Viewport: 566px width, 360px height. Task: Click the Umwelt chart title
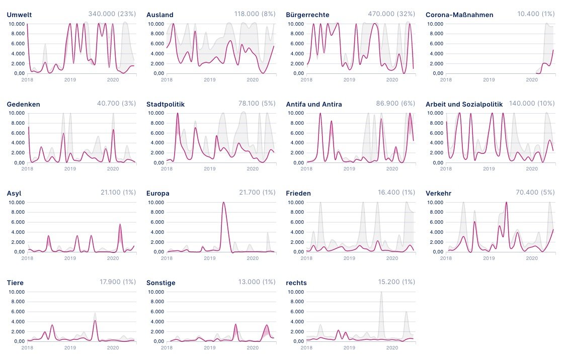tap(19, 15)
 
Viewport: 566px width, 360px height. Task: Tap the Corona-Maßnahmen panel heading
tap(459, 15)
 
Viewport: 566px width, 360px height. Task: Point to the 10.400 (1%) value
tap(536, 14)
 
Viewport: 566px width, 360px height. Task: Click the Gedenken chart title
tap(24, 104)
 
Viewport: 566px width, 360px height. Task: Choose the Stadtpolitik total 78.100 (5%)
tap(257, 103)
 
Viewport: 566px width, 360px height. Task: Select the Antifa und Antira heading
tap(314, 104)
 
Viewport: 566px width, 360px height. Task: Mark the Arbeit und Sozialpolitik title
tap(464, 104)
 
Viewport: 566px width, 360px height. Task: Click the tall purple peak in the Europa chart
tap(223, 204)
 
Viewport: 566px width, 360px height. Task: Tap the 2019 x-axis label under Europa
tap(209, 257)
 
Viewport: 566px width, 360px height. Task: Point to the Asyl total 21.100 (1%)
tap(117, 193)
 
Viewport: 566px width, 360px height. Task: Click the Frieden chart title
tap(298, 194)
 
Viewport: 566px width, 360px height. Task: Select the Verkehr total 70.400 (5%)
tap(535, 193)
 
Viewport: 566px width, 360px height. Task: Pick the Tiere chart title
tap(15, 283)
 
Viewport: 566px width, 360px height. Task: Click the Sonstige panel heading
tap(161, 283)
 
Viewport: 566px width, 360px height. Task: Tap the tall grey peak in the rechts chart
tap(381, 294)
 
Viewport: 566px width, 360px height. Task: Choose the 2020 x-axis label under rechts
tap(392, 347)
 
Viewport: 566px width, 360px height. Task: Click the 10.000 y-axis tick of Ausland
tap(154, 24)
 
